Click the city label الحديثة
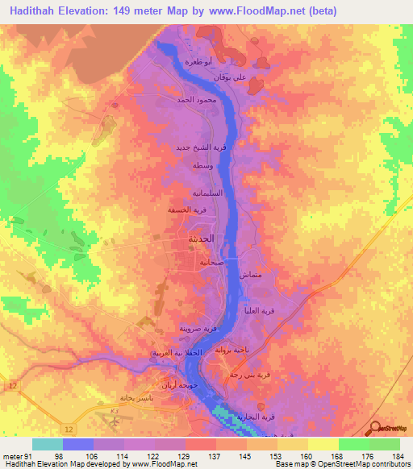click(x=202, y=240)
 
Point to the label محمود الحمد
click(x=194, y=100)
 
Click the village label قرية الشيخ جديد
click(x=196, y=148)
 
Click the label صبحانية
click(x=223, y=262)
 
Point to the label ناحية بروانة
click(x=238, y=350)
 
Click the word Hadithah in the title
click(x=37, y=10)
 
